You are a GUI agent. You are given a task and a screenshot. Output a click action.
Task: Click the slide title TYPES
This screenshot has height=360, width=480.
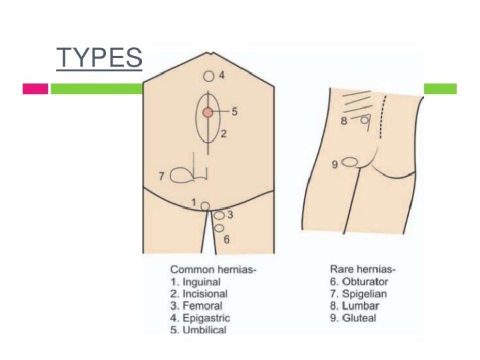click(x=99, y=59)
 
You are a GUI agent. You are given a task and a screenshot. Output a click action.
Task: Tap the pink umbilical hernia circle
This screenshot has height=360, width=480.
click(x=209, y=113)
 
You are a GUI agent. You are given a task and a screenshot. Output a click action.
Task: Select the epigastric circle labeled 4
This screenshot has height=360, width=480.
click(x=209, y=77)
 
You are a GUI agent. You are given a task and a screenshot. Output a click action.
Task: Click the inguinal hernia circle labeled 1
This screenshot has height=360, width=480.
click(x=205, y=206)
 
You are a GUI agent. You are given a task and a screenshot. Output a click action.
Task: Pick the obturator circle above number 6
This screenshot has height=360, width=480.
click(x=219, y=228)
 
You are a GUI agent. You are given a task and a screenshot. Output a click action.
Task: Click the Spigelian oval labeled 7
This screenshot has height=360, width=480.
click(x=181, y=176)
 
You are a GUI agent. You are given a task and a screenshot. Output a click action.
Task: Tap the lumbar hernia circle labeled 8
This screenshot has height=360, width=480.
click(x=365, y=121)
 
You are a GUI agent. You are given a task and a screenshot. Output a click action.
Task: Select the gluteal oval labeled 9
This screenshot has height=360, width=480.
click(x=349, y=162)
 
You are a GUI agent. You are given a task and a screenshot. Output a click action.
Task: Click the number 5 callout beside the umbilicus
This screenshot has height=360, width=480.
click(x=235, y=111)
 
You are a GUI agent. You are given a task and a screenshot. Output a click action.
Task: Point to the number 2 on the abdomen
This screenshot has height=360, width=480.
click(x=224, y=134)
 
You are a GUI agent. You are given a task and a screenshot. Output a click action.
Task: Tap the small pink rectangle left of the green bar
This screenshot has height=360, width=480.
click(x=35, y=89)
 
